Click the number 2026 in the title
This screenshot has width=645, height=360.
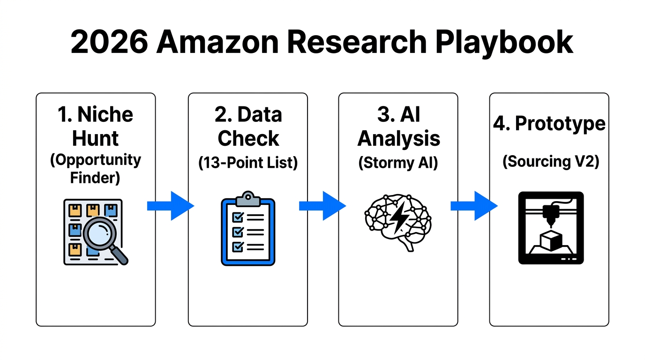(109, 42)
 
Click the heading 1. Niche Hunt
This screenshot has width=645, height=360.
(96, 126)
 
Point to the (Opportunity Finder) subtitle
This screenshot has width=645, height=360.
(96, 168)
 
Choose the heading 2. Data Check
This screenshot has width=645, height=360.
(248, 126)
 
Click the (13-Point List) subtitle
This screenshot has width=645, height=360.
(248, 163)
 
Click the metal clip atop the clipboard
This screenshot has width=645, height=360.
(248, 198)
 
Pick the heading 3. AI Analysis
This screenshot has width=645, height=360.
(398, 126)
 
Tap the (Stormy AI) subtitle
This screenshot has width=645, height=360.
(398, 163)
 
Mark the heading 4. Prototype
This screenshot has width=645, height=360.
(549, 124)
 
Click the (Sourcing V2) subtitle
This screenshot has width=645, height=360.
(549, 161)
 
